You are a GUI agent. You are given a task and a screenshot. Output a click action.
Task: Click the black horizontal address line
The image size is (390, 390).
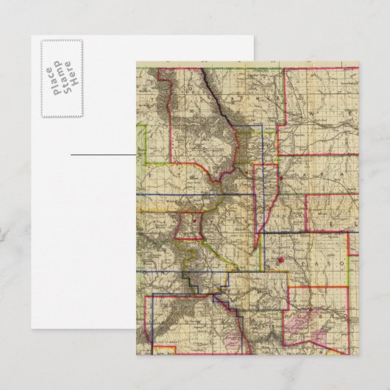[x=103, y=155]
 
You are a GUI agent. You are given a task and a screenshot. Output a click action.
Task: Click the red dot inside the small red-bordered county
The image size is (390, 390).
[x=193, y=219]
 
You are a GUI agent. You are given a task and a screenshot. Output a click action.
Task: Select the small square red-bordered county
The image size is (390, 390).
[x=191, y=226]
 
